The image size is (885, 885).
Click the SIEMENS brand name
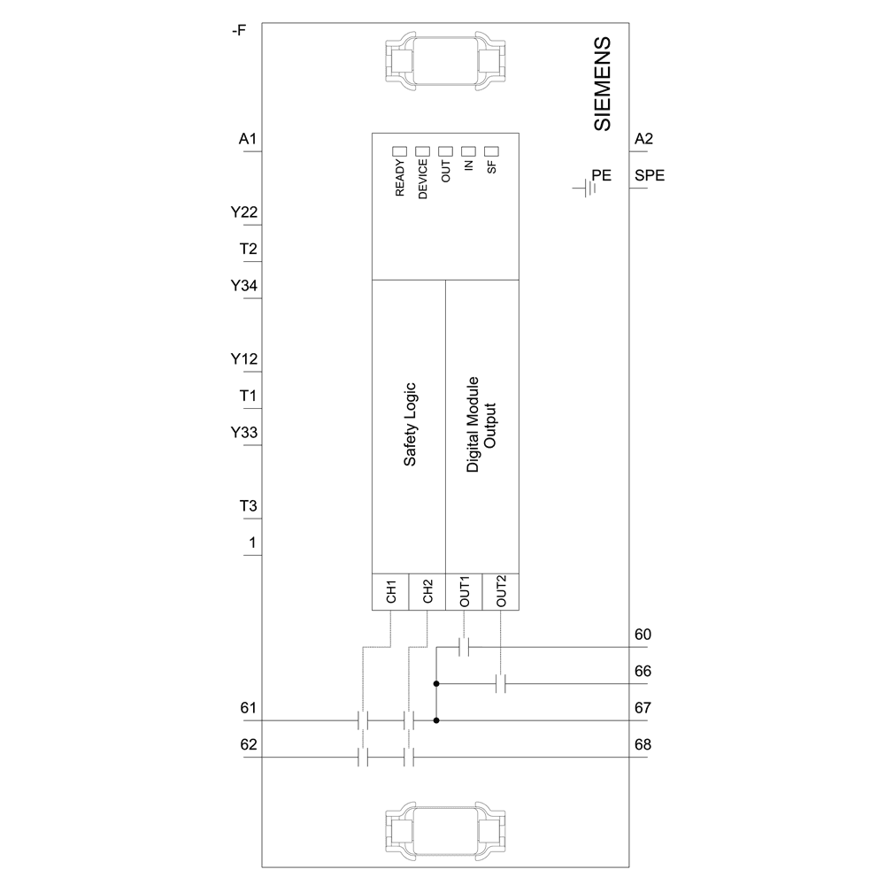[x=602, y=85]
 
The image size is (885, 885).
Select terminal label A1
[x=248, y=139]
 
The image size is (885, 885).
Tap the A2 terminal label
[x=644, y=139]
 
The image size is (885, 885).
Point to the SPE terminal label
[x=650, y=175]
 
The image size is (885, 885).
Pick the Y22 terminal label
[x=244, y=212]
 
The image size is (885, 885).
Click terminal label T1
[x=249, y=396]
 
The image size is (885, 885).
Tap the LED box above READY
[x=399, y=151]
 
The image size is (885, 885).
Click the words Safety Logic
[x=411, y=425]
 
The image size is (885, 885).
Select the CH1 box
[x=389, y=592]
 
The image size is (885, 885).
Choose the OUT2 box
[x=500, y=592]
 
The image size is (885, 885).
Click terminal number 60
[x=643, y=635]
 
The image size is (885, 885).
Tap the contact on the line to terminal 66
[x=500, y=684]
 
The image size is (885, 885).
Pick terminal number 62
[x=249, y=745]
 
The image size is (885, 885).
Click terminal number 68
[x=643, y=745]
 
